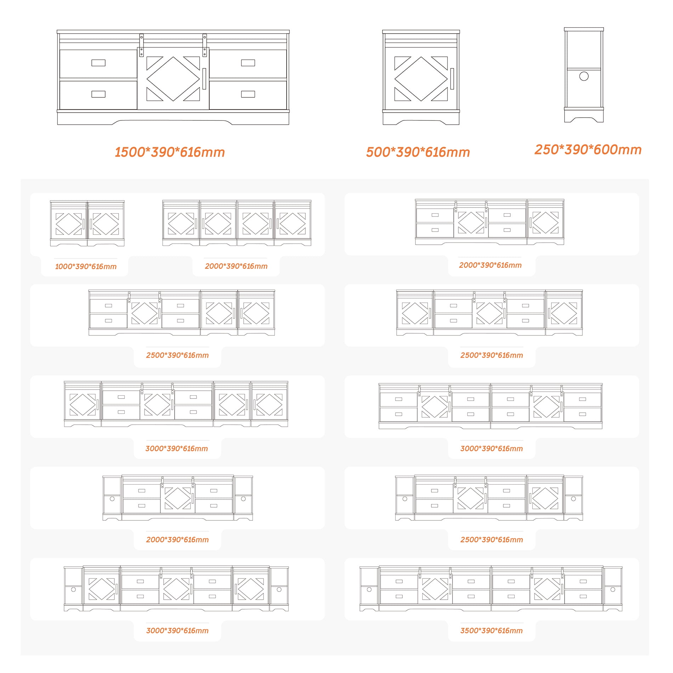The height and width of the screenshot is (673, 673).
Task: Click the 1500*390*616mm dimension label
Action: coord(170,152)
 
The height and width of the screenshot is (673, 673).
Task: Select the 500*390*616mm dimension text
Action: coord(418,152)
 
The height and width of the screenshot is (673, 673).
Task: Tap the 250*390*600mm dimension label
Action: coord(588,149)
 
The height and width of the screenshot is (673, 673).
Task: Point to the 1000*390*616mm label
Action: coord(86,266)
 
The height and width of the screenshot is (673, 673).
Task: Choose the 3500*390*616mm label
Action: coord(491,630)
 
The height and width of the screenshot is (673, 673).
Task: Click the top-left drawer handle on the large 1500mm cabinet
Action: coord(98,63)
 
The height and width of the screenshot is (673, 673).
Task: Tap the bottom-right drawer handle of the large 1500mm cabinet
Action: coord(248,94)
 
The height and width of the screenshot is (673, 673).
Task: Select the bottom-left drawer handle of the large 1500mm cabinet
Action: coord(98,94)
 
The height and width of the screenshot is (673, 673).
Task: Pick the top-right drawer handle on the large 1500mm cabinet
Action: coord(248,63)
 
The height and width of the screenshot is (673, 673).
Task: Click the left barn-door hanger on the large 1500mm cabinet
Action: coord(141,45)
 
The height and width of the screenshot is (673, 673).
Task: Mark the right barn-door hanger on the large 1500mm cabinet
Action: coord(205,45)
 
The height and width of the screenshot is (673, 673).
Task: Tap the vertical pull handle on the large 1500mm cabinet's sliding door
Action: coord(204,79)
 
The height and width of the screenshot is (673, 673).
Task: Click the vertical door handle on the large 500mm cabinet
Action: coord(452,79)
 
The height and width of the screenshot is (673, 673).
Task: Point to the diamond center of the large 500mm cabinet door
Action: coord(421,79)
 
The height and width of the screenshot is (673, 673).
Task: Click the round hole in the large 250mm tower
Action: coord(584,76)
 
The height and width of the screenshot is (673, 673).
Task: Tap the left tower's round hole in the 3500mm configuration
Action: coord(369,589)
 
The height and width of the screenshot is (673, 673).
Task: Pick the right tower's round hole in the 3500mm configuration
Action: coord(613,589)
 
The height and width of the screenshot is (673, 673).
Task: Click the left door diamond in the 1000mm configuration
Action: coord(69,224)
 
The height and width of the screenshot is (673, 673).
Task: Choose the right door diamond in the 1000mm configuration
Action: coord(106,224)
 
